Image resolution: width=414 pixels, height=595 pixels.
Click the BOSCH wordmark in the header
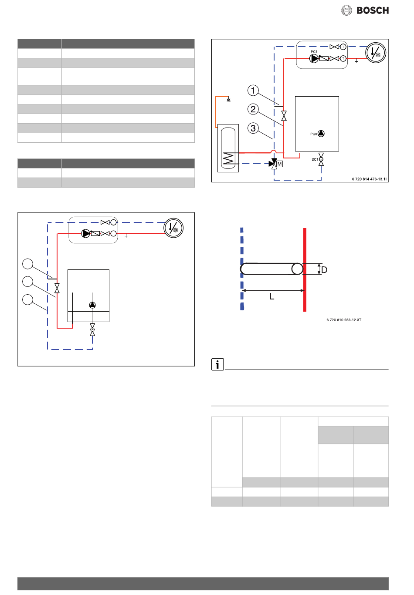pyautogui.click(x=373, y=10)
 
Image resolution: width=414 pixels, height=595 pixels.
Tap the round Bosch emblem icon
pyautogui.click(x=346, y=10)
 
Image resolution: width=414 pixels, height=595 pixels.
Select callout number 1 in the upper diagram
pyautogui.click(x=253, y=90)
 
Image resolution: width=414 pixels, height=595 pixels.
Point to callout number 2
pyautogui.click(x=253, y=109)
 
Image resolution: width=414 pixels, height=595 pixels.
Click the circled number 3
pyautogui.click(x=253, y=128)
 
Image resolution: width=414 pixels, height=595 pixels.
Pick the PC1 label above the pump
pyautogui.click(x=314, y=52)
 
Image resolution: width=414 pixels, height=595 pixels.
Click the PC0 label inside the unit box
pyautogui.click(x=313, y=134)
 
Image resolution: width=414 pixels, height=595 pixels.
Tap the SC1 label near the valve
pyautogui.click(x=315, y=160)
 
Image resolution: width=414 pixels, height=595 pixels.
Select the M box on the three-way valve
pyautogui.click(x=279, y=164)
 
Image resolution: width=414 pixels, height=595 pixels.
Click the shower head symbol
pyautogui.click(x=229, y=99)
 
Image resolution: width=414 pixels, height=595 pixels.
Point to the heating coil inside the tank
pyautogui.click(x=228, y=158)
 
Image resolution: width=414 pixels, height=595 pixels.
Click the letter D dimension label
pyautogui.click(x=324, y=270)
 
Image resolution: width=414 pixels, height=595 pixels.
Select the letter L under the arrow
pyautogui.click(x=272, y=296)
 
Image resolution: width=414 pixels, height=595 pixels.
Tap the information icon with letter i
pyautogui.click(x=217, y=364)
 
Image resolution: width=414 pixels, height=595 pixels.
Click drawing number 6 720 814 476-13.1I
pyautogui.click(x=369, y=179)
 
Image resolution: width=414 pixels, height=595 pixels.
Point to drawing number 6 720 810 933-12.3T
pyautogui.click(x=344, y=320)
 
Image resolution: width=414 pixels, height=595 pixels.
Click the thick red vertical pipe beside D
pyautogui.click(x=305, y=269)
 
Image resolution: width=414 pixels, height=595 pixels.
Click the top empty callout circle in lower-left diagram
pyautogui.click(x=27, y=264)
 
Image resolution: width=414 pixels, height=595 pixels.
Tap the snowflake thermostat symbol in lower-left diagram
pyautogui.click(x=173, y=228)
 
